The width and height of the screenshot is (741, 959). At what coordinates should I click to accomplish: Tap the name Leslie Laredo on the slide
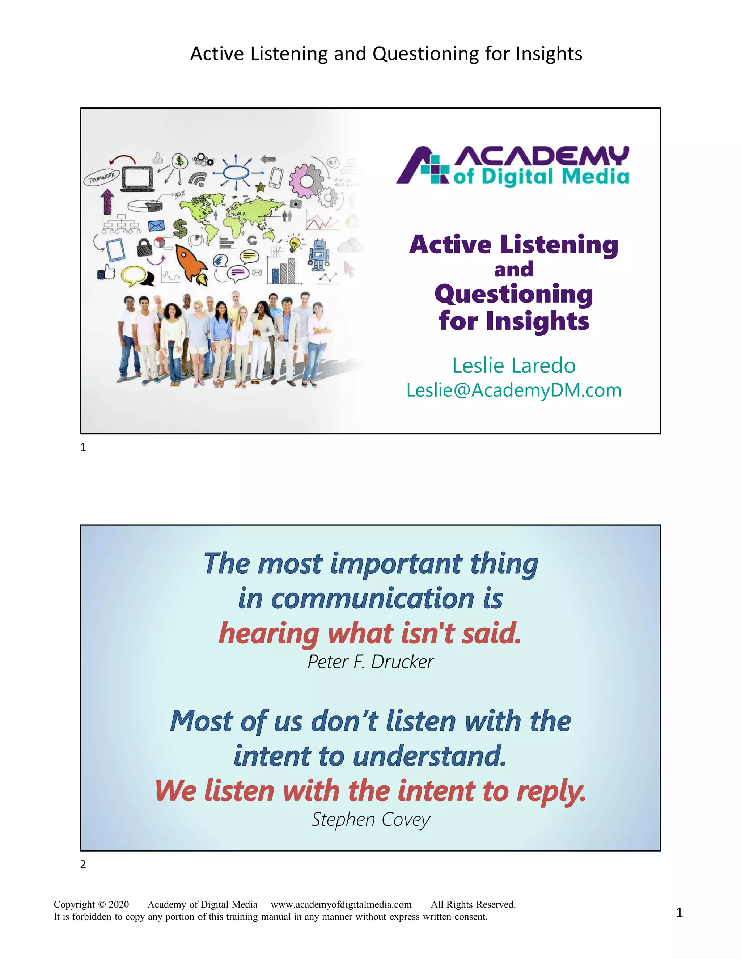(514, 366)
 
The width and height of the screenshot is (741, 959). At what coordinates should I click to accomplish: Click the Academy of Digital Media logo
(513, 166)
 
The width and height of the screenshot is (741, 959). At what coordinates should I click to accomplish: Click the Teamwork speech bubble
(101, 177)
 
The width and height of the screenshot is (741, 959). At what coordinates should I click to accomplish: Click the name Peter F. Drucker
(370, 662)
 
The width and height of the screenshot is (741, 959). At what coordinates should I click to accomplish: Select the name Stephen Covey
(370, 819)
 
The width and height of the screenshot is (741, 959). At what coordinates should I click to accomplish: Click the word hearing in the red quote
(269, 634)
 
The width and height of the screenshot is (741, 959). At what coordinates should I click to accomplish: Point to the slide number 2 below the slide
(83, 864)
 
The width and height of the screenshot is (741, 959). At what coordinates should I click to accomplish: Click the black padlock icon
(144, 248)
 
